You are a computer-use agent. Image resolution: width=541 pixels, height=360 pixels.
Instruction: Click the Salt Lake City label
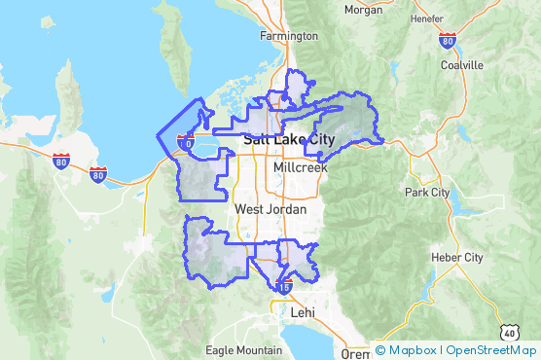pyautogui.click(x=287, y=140)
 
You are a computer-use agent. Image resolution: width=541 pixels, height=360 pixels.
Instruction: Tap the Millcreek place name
pyautogui.click(x=301, y=167)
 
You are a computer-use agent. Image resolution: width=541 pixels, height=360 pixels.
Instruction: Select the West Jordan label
pyautogui.click(x=270, y=209)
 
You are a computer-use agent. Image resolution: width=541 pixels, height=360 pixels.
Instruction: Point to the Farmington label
pyautogui.click(x=289, y=36)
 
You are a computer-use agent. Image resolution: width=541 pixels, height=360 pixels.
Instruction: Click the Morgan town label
pyautogui.click(x=363, y=11)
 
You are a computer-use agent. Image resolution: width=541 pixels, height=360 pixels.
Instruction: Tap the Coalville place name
pyautogui.click(x=461, y=65)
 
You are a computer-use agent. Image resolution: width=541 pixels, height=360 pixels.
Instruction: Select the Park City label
pyautogui.click(x=427, y=192)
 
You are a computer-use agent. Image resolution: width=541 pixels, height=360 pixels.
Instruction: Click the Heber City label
pyautogui.click(x=459, y=258)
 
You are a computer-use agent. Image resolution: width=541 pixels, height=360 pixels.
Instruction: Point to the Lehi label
pyautogui.click(x=304, y=313)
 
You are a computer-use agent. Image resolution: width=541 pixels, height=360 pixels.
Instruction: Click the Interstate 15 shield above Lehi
pyautogui.click(x=284, y=288)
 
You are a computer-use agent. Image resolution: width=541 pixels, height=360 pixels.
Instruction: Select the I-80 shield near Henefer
pyautogui.click(x=447, y=40)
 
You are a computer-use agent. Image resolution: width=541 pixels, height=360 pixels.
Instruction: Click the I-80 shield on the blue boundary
pyautogui.click(x=186, y=143)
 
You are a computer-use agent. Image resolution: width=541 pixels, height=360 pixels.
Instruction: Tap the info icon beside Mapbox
pyautogui.click(x=379, y=350)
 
